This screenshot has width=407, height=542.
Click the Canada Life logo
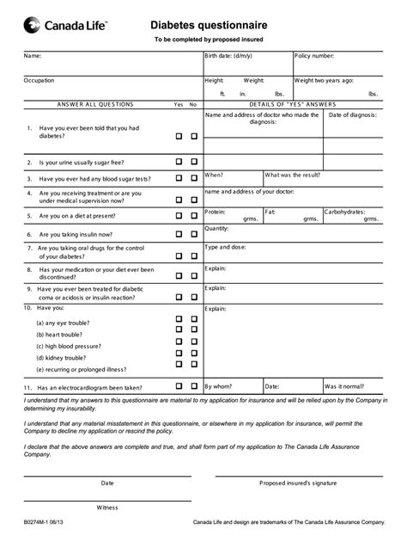click(65, 28)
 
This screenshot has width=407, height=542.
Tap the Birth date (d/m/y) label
click(231, 56)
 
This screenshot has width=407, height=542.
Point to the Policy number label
click(313, 56)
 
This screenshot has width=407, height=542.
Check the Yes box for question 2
click(179, 161)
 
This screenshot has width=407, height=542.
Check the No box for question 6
click(194, 233)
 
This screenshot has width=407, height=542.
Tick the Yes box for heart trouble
click(179, 330)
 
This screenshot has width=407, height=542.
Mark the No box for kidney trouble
click(194, 353)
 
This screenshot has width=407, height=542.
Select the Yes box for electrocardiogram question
click(179, 387)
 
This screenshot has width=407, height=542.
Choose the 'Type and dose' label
click(225, 247)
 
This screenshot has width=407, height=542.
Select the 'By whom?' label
click(219, 387)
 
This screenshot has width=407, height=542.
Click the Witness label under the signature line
click(106, 507)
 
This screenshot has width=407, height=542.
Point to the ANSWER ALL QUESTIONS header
click(95, 104)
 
